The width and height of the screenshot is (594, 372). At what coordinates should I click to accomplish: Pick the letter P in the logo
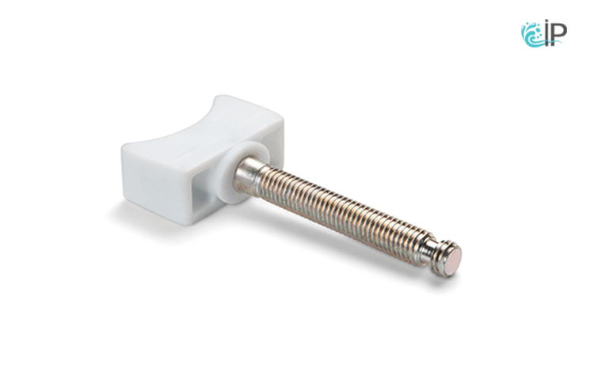(x=558, y=34)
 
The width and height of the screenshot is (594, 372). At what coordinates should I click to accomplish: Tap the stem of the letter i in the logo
(x=546, y=36)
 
